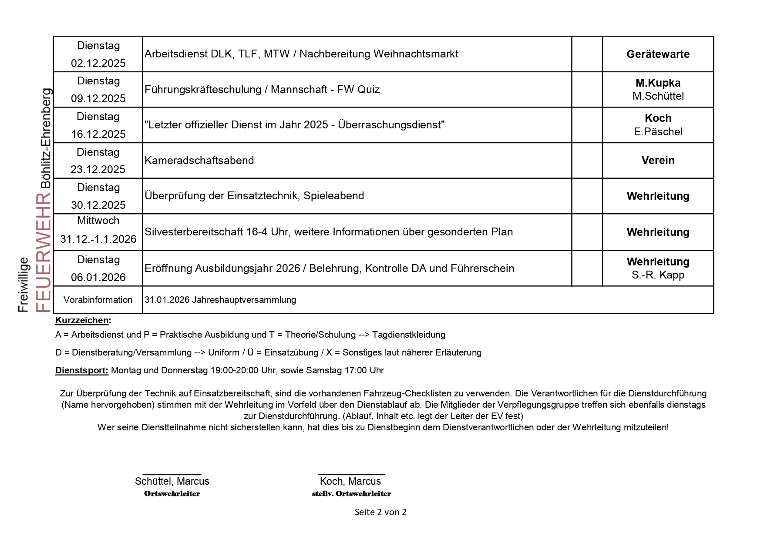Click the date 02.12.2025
coord(98,64)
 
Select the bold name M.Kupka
coord(658,83)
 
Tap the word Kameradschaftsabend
coord(199,161)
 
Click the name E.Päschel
coord(658,132)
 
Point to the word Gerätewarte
coord(658,54)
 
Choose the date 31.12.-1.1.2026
coord(98,239)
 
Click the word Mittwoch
coord(98,221)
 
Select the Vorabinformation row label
coord(98,300)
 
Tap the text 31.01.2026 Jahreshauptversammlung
coord(220,300)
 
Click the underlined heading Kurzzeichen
coord(82,321)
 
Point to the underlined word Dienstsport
coord(81,371)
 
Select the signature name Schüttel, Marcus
coord(172,481)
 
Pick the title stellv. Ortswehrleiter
coord(351,494)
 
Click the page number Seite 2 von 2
coord(380,512)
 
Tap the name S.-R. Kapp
coord(658,275)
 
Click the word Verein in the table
coord(658,161)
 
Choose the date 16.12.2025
coord(98,134)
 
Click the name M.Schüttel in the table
coord(658,96)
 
